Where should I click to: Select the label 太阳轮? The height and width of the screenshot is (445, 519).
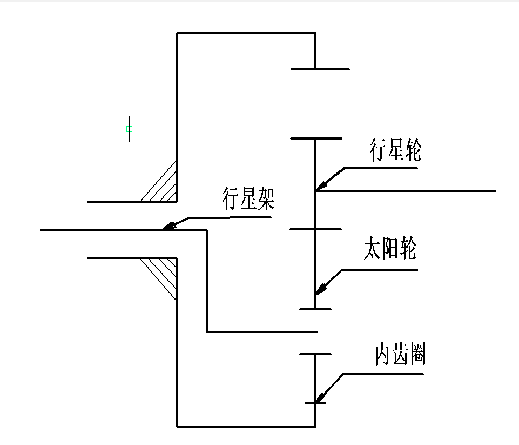pyautogui.click(x=390, y=250)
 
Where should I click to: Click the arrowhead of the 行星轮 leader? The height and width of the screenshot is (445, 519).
pyautogui.click(x=320, y=187)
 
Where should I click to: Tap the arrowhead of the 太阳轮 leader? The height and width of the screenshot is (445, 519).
pyautogui.click(x=319, y=290)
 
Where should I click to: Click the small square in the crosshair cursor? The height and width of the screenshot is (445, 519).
pyautogui.click(x=129, y=129)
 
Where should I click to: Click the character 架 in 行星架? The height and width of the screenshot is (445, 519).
pyautogui.click(x=266, y=200)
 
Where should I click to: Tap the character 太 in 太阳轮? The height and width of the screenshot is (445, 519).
pyautogui.click(x=373, y=250)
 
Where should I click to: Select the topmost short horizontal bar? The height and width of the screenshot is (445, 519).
pyautogui.click(x=320, y=69)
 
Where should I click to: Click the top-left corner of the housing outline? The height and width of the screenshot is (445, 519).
pyautogui.click(x=177, y=33)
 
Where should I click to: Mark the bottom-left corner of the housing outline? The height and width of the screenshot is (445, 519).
pyautogui.click(x=177, y=426)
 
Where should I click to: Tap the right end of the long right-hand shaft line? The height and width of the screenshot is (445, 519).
pyautogui.click(x=495, y=191)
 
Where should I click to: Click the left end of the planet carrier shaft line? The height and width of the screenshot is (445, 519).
pyautogui.click(x=41, y=230)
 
